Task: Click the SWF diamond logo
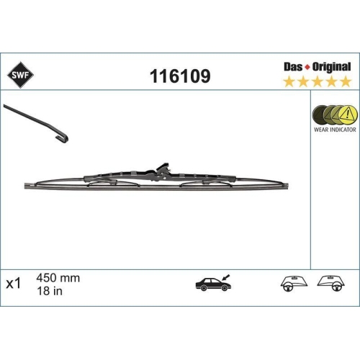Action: click(20, 75)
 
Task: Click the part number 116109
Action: click(180, 76)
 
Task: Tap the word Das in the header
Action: click(293, 67)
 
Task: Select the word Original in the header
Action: click(331, 67)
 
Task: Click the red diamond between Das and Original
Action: click(307, 67)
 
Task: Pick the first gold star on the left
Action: click(289, 81)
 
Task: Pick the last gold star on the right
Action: click(346, 81)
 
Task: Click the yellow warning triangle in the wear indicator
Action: click(347, 113)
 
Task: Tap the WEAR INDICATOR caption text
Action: click(335, 130)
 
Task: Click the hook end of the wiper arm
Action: click(62, 138)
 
